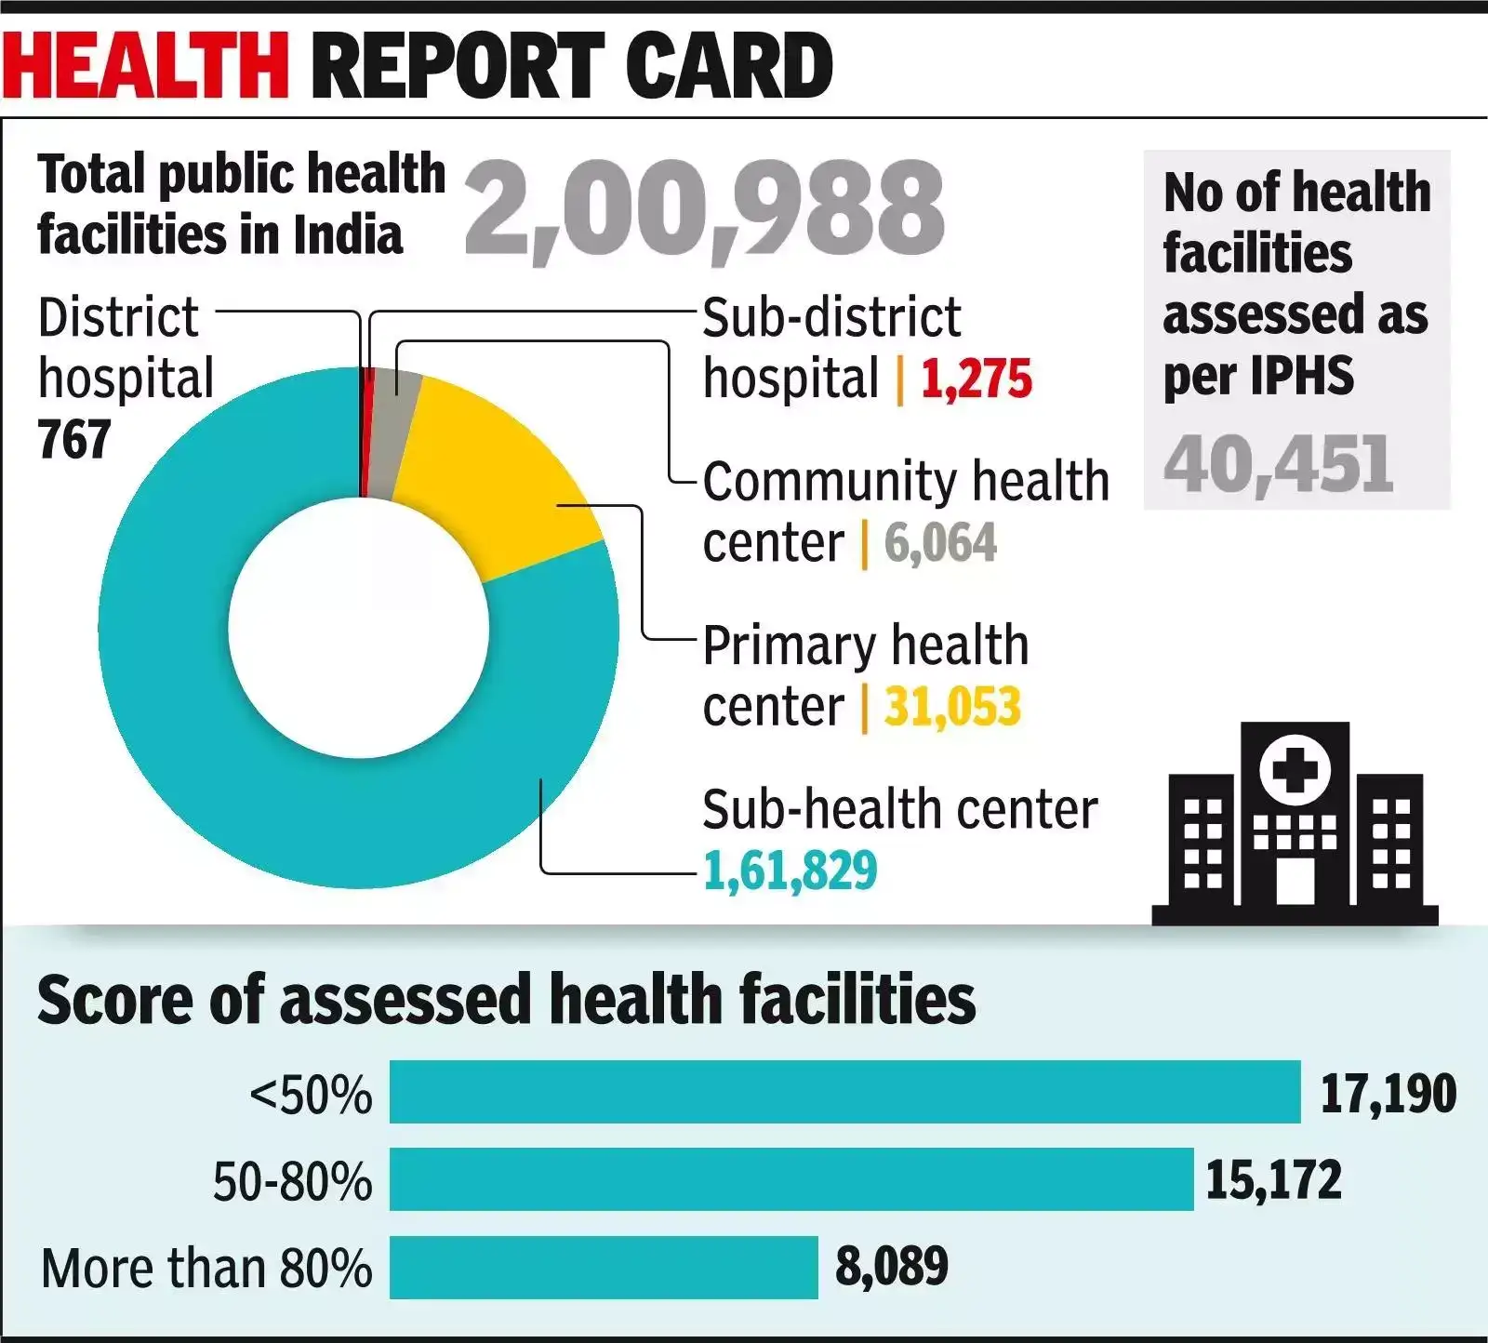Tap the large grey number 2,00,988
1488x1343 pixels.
pos(704,208)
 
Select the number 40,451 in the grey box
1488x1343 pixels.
pos(1278,464)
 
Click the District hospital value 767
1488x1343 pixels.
pos(74,440)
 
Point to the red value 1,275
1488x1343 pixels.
pos(976,379)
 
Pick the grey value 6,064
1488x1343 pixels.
pos(940,543)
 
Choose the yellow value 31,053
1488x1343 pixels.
pos(952,707)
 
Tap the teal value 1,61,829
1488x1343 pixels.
pos(790,871)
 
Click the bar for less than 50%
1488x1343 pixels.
pos(844,1092)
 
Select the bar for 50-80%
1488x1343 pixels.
pos(790,1179)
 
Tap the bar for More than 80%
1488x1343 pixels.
pos(603,1267)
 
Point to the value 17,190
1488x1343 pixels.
pos(1388,1094)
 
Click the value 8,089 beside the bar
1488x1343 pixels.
pos(891,1266)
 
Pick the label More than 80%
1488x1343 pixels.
pos(206,1269)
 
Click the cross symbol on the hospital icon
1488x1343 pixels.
pos(1295,770)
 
